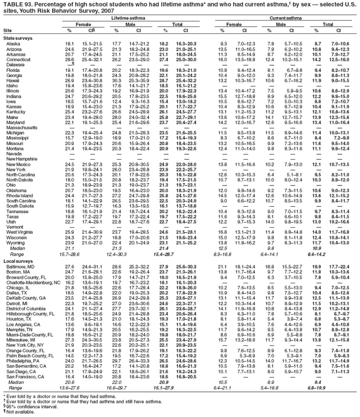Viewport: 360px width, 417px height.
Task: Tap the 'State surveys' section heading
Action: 17,37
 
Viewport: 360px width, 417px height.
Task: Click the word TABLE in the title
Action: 13,4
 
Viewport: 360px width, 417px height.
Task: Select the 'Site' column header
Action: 7,31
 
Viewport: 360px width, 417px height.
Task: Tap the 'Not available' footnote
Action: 20,413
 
